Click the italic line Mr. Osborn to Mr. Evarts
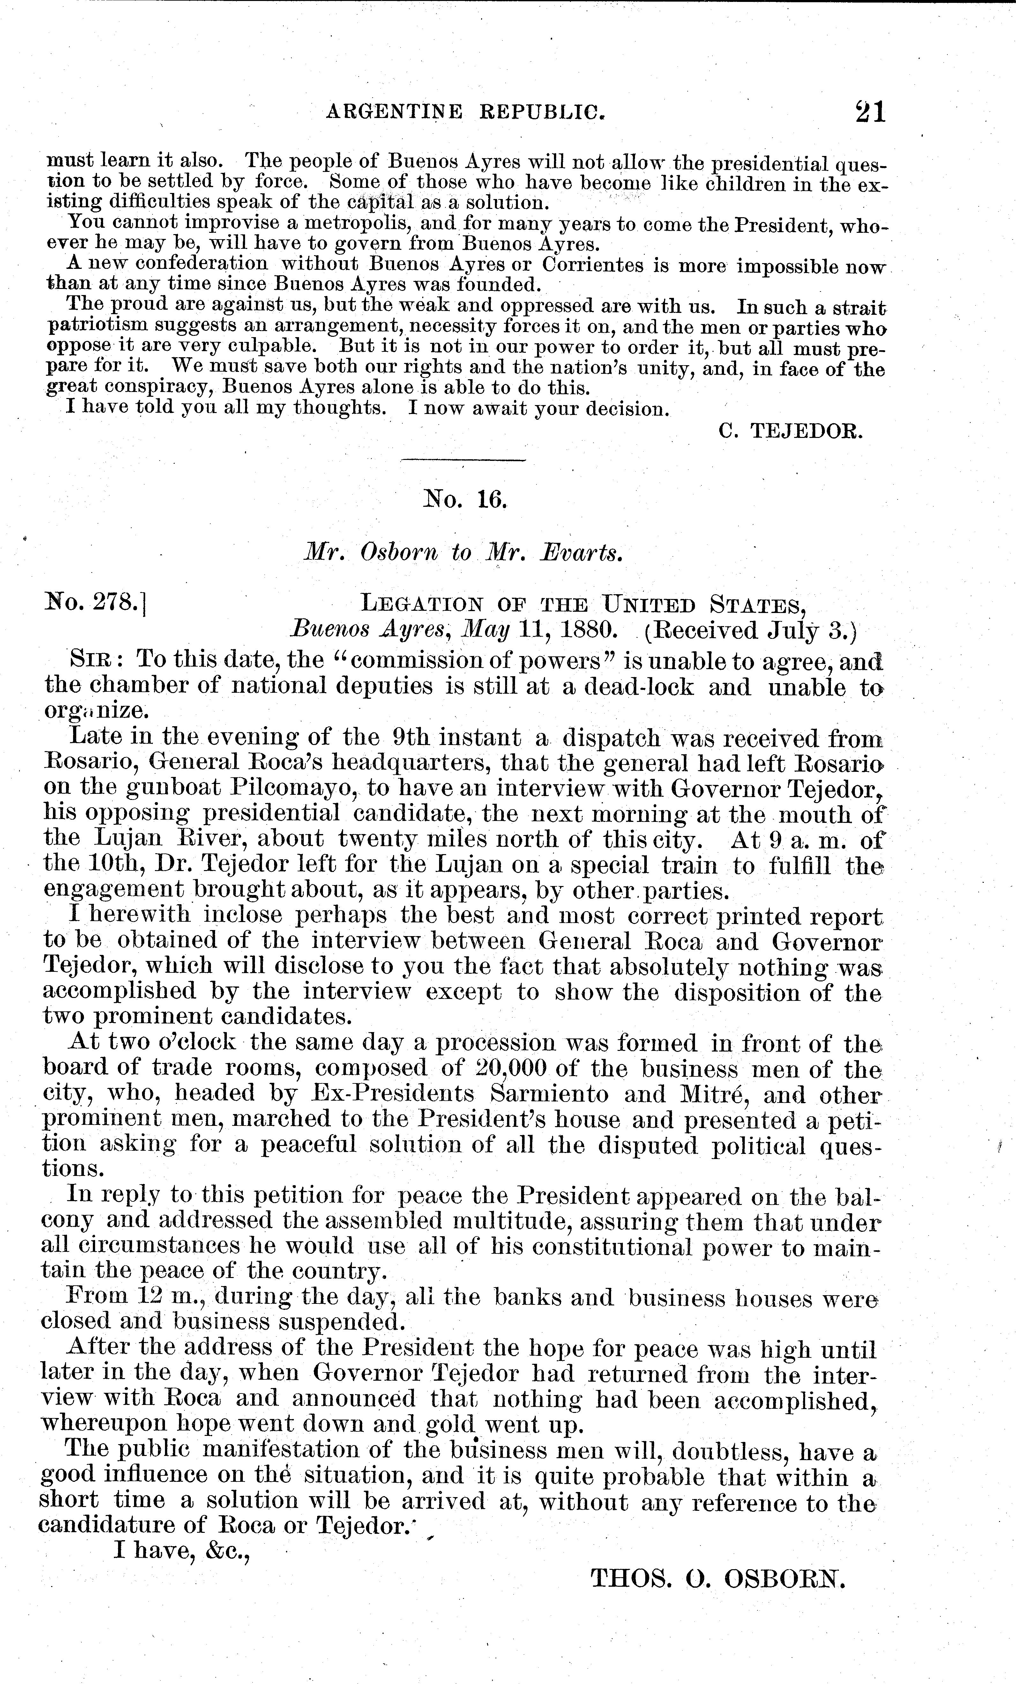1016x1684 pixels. (463, 552)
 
